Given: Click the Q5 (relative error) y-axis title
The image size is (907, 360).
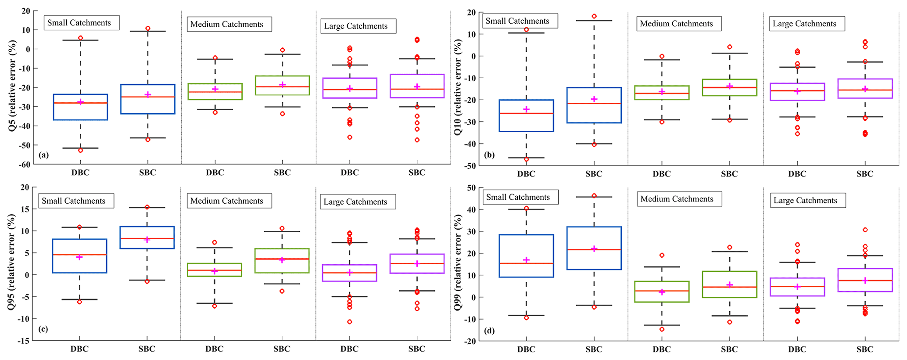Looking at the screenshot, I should click(x=12, y=86).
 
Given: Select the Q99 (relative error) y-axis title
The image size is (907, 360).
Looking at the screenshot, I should click(x=458, y=263).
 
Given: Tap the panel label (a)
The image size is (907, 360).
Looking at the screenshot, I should click(x=43, y=155).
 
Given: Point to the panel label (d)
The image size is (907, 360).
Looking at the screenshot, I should click(x=489, y=331).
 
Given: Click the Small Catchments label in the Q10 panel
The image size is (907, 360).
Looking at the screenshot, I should click(x=517, y=21).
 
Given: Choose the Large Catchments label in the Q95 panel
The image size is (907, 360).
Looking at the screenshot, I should click(x=355, y=202).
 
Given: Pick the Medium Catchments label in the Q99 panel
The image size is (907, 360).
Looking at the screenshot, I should click(x=677, y=199).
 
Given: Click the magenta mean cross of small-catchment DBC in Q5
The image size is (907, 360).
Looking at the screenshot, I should click(x=80, y=102).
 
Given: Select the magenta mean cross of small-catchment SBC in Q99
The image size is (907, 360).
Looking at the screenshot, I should click(x=594, y=249).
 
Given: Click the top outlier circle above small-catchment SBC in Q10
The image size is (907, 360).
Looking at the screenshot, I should click(x=594, y=16).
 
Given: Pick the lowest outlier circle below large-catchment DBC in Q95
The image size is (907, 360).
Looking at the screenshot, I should click(x=350, y=322).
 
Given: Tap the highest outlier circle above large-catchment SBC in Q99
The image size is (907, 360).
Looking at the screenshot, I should click(x=865, y=230).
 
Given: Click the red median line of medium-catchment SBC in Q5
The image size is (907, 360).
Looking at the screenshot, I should click(x=282, y=87).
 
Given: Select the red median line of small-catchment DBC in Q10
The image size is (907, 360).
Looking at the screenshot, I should click(x=526, y=114).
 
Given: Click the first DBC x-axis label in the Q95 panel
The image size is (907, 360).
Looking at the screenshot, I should click(x=79, y=349).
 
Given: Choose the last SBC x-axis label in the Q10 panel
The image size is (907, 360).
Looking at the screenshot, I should click(x=865, y=174).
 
